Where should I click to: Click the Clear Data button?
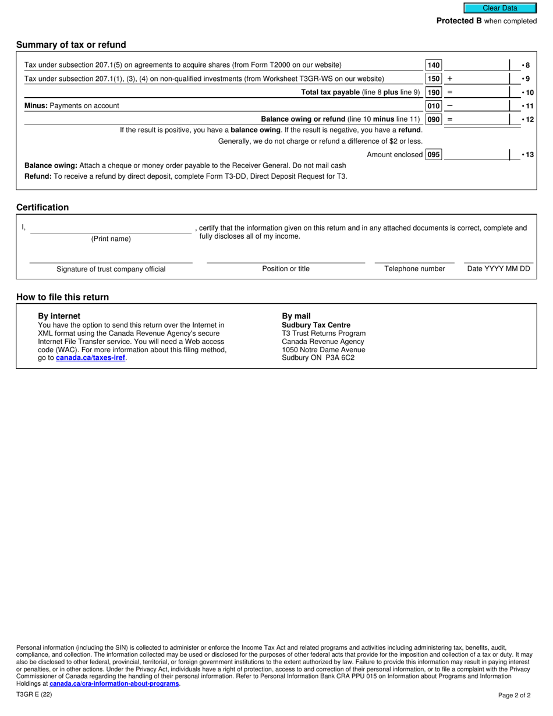499,8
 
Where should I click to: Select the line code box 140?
434,65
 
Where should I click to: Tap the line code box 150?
434,79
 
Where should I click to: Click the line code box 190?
434,92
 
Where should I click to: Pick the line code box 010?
434,106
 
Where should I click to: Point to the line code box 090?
434,119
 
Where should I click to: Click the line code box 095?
434,155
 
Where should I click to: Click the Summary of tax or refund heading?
71,45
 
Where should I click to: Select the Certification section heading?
42,207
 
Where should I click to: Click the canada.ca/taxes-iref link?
90,358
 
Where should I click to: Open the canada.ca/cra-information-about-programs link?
114,683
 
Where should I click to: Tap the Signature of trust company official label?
111,269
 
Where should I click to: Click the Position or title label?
286,269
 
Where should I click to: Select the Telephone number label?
414,269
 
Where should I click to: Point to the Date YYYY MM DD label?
498,269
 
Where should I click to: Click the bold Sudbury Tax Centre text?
316,325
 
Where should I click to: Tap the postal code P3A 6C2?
340,358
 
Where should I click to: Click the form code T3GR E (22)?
34,694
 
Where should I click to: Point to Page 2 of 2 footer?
514,695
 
